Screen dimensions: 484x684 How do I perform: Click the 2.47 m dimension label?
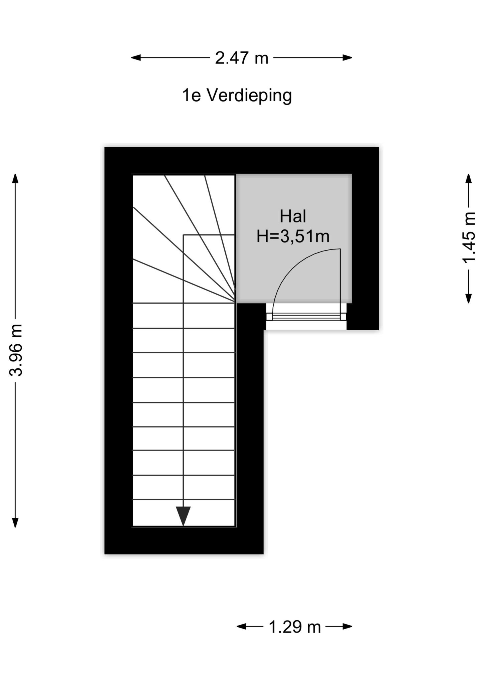tap(242, 58)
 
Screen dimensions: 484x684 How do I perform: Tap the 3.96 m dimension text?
tap(16, 350)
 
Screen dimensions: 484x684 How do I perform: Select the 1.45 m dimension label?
tap(469, 238)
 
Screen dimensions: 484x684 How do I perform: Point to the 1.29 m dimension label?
tap(294, 627)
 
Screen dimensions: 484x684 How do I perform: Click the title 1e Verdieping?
tap(237, 96)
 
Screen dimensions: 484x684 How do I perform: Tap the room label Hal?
tap(293, 216)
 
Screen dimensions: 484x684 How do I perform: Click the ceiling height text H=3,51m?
tap(293, 236)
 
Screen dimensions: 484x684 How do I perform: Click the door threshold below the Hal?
tap(306, 317)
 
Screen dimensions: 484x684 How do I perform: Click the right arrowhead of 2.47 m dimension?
tap(347, 58)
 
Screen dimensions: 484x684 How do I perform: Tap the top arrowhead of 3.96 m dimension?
tap(15, 179)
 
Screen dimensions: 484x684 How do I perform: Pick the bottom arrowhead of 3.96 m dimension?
tap(15, 523)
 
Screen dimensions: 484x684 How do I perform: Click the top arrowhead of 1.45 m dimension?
tap(469, 179)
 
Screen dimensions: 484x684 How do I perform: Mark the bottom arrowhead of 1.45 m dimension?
tap(469, 298)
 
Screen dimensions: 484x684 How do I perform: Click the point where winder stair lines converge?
tap(235, 302)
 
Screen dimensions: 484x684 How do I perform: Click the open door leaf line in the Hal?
tap(340, 284)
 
